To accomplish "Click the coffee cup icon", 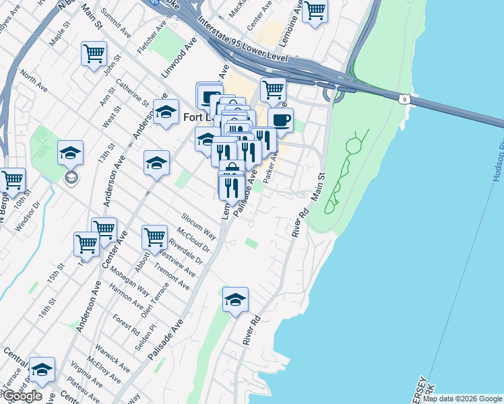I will (280, 120).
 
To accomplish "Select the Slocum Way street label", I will (198, 226).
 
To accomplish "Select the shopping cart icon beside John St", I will (94, 53).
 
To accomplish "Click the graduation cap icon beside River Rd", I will (235, 299).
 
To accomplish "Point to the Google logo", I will (22, 396).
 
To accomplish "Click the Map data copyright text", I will (462, 399).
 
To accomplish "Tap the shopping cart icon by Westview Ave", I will (155, 237).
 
